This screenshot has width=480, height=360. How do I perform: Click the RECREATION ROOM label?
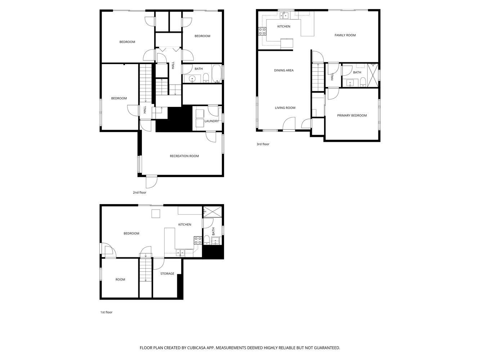tap(184, 156)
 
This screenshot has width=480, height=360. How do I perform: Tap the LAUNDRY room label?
tap(211, 121)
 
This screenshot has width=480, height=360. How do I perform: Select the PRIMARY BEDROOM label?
tap(351, 116)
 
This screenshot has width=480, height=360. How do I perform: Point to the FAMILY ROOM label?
tap(345, 35)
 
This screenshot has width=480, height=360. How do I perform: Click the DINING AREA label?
tap(284, 70)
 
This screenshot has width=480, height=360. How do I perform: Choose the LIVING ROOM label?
tap(285, 108)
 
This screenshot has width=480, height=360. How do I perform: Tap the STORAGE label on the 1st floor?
tap(167, 274)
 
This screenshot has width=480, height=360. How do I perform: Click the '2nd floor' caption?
tap(139, 193)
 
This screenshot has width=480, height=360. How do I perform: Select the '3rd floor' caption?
tap(263, 144)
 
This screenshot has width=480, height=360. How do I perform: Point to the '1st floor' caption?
tap(106, 312)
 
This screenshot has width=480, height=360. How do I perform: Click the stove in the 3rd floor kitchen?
tap(262, 31)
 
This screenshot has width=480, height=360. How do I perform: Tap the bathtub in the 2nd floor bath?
tap(217, 74)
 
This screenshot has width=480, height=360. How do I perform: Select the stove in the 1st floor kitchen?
tap(198, 240)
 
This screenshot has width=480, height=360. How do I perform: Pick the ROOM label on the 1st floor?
tap(120, 280)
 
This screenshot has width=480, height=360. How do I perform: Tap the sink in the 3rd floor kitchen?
tap(284, 15)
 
